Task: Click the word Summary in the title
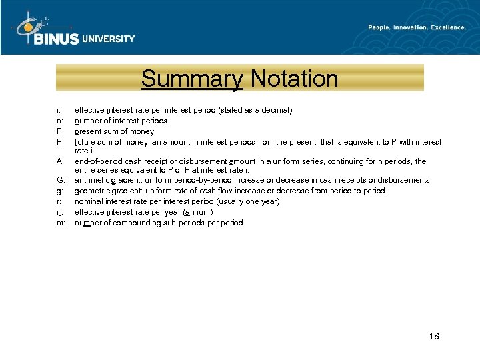(191, 79)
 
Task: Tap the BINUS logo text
(56, 39)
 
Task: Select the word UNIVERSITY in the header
(109, 39)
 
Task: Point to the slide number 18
(433, 336)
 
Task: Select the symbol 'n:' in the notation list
(60, 121)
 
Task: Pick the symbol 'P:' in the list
(60, 131)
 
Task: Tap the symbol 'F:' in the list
(60, 142)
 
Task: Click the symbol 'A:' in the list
(60, 161)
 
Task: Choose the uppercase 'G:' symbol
(61, 180)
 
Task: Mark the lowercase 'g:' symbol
(60, 191)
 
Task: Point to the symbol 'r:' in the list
(59, 201)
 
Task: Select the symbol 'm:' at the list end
(61, 223)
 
